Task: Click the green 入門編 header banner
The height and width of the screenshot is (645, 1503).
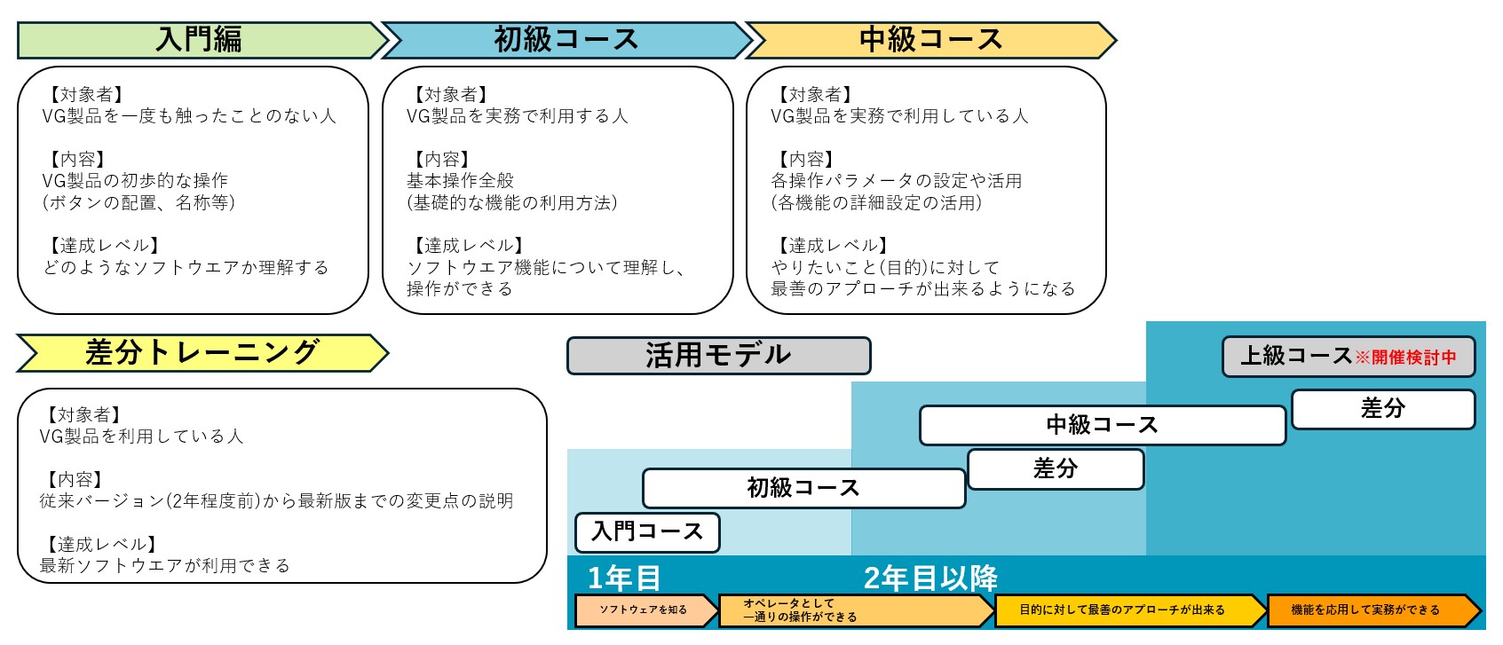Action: point(200,40)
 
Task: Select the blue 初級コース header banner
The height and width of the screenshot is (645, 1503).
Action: point(566,40)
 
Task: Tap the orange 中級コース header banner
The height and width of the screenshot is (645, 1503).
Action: point(930,40)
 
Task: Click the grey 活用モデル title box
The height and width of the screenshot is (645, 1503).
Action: point(718,356)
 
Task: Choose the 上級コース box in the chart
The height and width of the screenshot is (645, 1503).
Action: point(1295,357)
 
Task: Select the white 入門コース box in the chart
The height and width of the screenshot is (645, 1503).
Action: point(647,532)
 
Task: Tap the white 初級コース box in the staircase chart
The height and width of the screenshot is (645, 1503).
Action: point(803,488)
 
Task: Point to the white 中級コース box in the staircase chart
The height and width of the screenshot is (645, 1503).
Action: point(1102,425)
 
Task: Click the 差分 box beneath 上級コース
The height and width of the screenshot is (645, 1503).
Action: point(1382,409)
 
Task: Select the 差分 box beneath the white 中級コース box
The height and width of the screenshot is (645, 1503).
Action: point(1056,469)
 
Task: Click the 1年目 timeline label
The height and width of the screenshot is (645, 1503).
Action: point(624,578)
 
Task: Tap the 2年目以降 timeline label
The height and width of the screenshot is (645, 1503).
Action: point(930,578)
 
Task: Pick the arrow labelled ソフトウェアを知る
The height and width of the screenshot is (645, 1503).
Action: point(644,610)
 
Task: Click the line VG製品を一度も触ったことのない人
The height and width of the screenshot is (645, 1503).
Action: point(189,116)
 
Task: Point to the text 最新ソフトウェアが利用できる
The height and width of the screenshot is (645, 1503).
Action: point(165,566)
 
